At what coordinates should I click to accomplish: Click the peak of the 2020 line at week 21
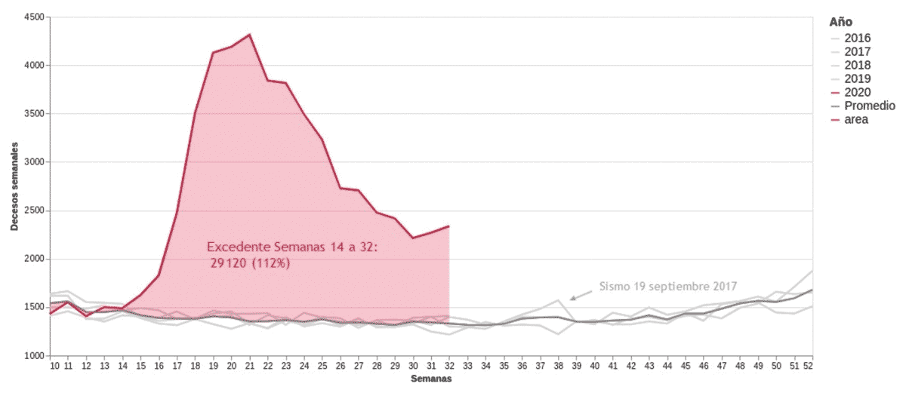tap(249, 35)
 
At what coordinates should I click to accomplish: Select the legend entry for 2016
tap(858, 38)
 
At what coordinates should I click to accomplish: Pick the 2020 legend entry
tap(858, 92)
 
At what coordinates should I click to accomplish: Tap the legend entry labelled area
tap(856, 119)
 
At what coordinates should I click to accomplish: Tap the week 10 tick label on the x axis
tap(54, 367)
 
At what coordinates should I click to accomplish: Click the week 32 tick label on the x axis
tap(449, 367)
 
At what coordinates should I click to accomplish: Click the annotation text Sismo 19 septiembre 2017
tap(668, 287)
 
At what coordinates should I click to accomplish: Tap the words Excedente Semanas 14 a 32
tap(291, 247)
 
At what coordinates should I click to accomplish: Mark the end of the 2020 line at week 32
tap(449, 226)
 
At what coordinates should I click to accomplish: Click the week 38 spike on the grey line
tap(559, 300)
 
